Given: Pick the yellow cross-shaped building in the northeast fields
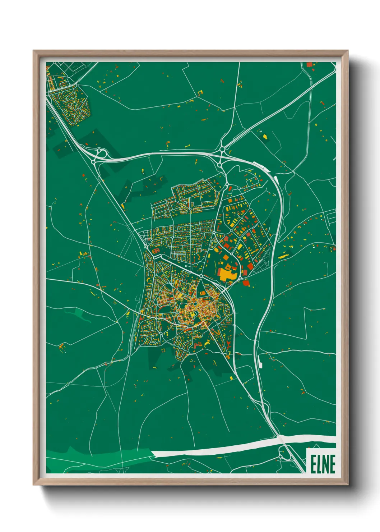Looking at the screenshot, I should tap(265, 137).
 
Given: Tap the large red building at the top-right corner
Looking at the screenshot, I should tap(309, 64).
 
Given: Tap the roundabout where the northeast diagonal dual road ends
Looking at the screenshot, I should tap(222, 148).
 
